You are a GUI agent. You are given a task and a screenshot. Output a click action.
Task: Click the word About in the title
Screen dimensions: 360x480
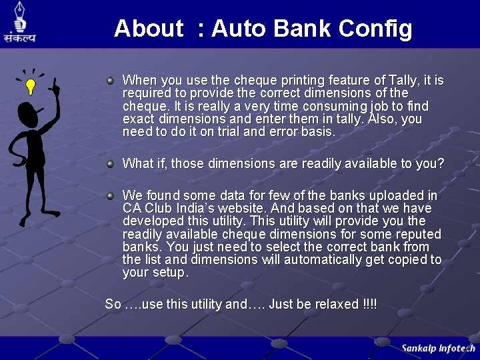click(148, 29)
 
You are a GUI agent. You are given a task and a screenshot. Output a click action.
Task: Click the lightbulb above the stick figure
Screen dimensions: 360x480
click(30, 85)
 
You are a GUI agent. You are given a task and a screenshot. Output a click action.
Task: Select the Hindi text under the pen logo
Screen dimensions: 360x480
click(19, 39)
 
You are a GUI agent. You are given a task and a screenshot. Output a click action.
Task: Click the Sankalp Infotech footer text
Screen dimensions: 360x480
click(438, 348)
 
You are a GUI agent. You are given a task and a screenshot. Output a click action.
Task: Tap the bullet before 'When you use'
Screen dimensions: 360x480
click(111, 81)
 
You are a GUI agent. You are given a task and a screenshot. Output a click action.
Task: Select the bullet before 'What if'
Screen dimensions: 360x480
click(111, 163)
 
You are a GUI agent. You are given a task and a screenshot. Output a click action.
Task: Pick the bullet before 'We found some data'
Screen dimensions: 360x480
click(111, 196)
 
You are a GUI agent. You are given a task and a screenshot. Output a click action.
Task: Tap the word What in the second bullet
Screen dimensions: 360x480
click(137, 163)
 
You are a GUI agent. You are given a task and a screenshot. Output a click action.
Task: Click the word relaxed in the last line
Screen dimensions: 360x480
click(335, 304)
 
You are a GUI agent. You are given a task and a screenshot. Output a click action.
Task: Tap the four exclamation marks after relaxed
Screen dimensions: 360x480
click(370, 304)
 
